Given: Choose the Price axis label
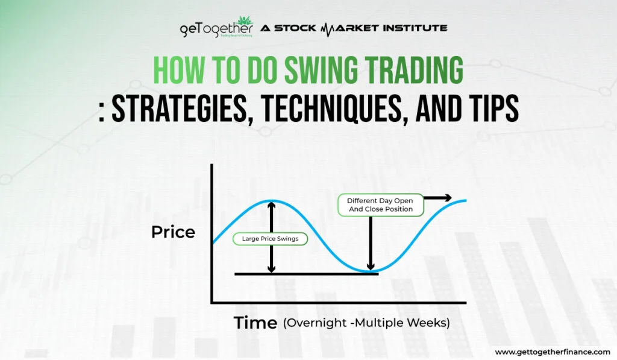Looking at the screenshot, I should point(173,232).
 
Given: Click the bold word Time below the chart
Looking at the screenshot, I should point(256,323).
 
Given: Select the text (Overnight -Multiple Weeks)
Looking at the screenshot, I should point(366,323).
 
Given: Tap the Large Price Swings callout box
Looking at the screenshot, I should point(270,239).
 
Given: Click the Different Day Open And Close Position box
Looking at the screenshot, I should point(380,204).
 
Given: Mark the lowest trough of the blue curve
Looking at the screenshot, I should point(370,271).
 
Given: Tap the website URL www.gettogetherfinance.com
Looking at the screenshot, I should point(551,352).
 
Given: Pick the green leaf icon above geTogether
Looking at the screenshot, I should point(246,20).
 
